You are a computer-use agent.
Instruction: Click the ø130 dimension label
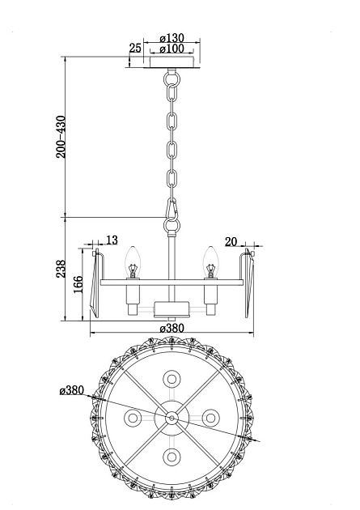coord(172,37)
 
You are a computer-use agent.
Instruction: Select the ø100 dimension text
coord(172,49)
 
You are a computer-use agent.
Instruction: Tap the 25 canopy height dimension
coord(134,49)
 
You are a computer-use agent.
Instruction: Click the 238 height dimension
coord(61,269)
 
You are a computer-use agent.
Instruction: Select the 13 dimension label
coord(112,240)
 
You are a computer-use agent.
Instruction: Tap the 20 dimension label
coord(231,240)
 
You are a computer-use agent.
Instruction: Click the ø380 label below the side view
coord(172,328)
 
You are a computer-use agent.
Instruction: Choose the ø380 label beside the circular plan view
coord(73,390)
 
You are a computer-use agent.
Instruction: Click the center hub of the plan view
coord(172,417)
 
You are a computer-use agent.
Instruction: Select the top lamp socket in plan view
coord(172,378)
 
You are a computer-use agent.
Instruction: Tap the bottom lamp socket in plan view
coord(172,457)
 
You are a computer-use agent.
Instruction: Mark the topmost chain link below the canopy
coord(171,81)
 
